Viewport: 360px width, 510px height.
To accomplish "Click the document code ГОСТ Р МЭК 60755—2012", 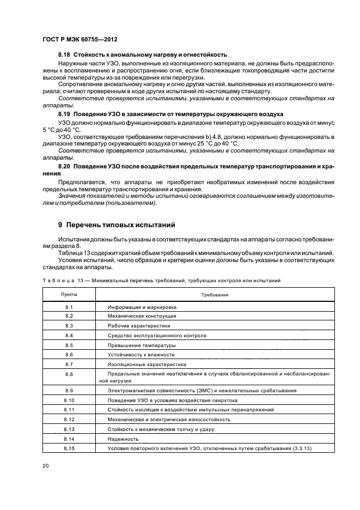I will (80, 40).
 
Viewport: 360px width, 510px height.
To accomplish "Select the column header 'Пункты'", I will (69, 294).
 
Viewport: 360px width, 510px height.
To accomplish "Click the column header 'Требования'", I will (215, 294).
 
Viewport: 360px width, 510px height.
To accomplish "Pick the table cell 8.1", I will (69, 307).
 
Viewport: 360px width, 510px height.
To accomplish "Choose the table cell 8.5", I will (69, 345).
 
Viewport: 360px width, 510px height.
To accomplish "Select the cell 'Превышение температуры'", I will (142, 345).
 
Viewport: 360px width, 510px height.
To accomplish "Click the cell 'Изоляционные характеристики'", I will (147, 364).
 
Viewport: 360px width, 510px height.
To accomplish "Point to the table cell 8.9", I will (69, 391).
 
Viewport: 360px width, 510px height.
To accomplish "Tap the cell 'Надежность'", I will (123, 439).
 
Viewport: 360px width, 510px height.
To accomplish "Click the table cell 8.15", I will (69, 448).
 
